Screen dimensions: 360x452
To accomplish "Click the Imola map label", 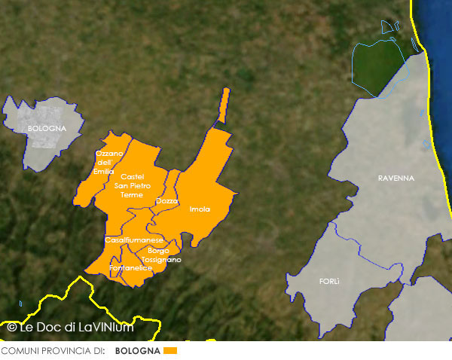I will coord(200,209).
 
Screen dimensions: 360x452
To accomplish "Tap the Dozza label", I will coord(167,201).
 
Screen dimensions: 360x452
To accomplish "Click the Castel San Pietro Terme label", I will coord(132,185).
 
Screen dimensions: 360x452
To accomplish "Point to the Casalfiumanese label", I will coord(134,239).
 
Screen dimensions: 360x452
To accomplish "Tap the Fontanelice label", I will coord(131,267).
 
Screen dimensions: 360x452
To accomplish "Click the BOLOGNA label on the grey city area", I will coord(47,128).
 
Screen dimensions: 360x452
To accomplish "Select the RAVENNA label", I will coord(396,178).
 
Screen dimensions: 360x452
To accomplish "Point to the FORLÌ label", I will coord(329,281).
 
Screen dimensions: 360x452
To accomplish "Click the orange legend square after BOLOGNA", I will coord(169,351).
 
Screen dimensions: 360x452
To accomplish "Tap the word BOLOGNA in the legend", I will coord(137,351).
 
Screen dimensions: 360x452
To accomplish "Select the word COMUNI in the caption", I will coord(18,351).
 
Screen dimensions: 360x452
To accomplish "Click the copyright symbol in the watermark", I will coord(11,327).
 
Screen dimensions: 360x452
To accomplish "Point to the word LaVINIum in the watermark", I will coord(105,327).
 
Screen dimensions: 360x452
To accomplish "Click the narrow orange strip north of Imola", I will coord(224,102).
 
